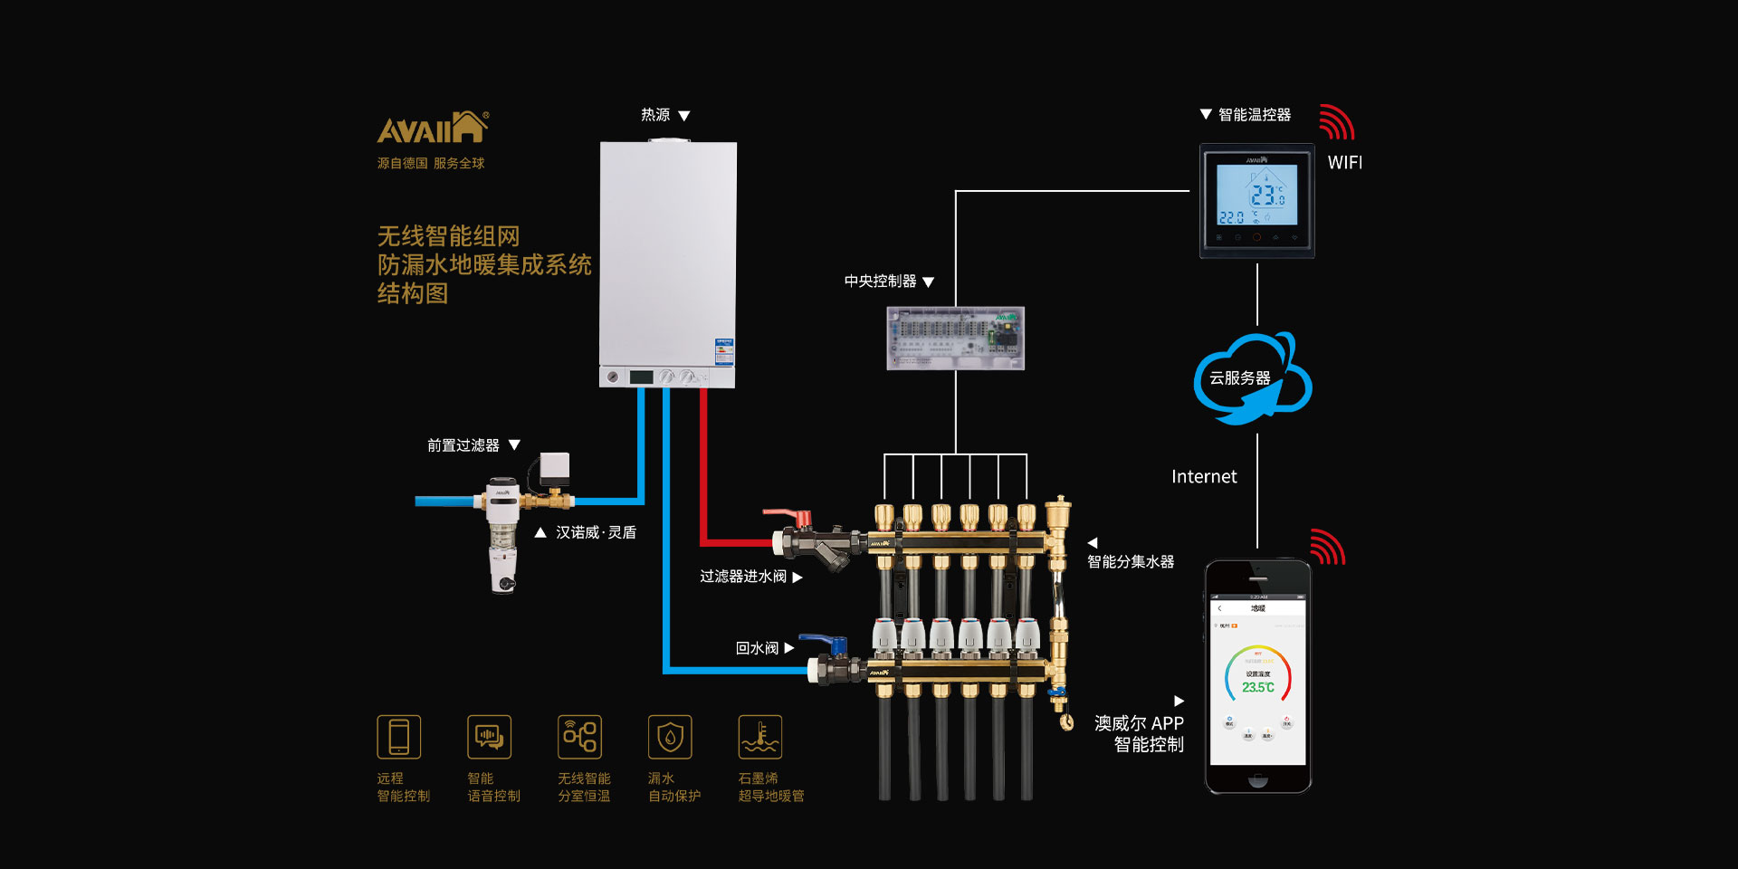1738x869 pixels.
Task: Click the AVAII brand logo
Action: [x=432, y=128]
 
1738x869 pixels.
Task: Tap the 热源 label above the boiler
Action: [x=655, y=115]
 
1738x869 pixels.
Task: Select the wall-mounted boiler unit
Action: [x=668, y=263]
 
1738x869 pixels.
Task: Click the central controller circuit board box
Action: [x=955, y=338]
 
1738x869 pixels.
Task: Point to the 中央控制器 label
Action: [x=880, y=282]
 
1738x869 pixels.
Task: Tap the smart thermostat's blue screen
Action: [x=1256, y=195]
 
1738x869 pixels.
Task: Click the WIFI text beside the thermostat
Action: [x=1344, y=163]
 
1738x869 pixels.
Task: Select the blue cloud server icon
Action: [x=1252, y=378]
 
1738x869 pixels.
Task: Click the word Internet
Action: [x=1203, y=477]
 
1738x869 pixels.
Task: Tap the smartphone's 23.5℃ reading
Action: [x=1257, y=688]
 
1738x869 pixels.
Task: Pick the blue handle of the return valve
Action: [x=823, y=641]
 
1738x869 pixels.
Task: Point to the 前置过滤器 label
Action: [x=463, y=445]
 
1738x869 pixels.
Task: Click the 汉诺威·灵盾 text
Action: [x=596, y=532]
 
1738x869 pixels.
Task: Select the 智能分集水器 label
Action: [x=1131, y=562]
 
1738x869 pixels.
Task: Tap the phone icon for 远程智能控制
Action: [x=399, y=737]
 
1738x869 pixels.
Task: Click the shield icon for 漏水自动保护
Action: [x=670, y=737]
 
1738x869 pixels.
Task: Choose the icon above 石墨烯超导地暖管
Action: [x=760, y=737]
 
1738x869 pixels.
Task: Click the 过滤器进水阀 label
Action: [x=743, y=577]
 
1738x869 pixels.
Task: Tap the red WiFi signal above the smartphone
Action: [x=1328, y=547]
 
